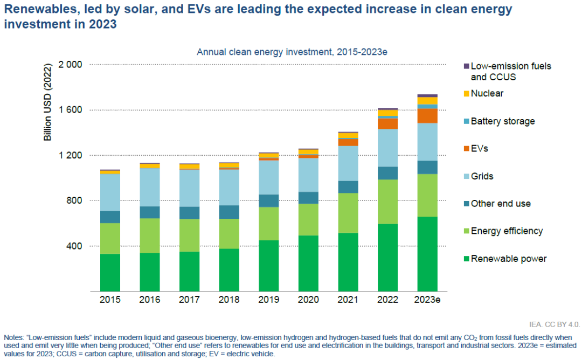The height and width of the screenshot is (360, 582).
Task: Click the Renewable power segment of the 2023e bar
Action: coord(427,254)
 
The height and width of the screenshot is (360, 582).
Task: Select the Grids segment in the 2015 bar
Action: coord(110,192)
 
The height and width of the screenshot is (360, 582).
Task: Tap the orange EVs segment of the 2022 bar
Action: coord(387,123)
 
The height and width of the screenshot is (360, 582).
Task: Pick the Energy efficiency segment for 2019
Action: coord(269,224)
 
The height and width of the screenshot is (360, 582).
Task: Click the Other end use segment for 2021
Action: coord(348,187)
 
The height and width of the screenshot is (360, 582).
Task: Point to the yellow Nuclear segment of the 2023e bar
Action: coord(427,101)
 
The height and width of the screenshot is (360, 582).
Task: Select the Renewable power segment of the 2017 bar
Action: coord(189,272)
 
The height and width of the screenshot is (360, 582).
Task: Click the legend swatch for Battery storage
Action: coord(467,121)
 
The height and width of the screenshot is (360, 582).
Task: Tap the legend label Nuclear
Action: coord(487,94)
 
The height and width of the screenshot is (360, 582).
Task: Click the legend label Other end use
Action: coord(501,204)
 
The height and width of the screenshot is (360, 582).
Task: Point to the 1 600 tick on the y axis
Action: coord(70,110)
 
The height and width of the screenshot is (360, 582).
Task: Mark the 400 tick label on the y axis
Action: coord(74,246)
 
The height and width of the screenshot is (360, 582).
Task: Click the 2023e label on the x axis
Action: coord(427,300)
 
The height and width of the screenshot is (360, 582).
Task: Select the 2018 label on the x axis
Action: coord(229,300)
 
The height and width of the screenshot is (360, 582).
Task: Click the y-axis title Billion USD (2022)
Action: coord(47,102)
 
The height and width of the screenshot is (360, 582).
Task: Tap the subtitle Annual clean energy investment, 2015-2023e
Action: coord(292,52)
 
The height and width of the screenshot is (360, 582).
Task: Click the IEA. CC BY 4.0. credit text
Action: coord(555,324)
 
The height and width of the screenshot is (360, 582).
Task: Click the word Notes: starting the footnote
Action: coord(14,338)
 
